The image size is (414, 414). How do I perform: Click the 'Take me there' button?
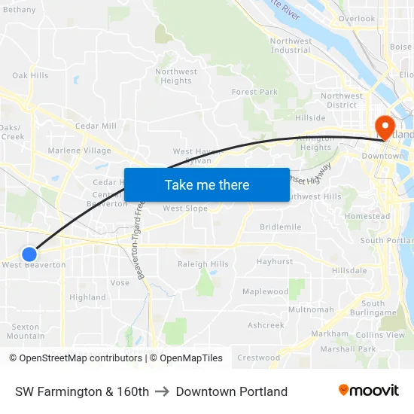(x=207, y=184)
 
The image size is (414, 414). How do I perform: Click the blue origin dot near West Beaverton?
(x=29, y=254)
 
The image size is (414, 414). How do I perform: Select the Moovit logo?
(x=368, y=391)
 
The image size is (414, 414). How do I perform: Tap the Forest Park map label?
(x=254, y=92)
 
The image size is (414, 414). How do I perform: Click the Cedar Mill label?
(x=96, y=126)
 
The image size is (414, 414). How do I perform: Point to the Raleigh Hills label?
(x=202, y=264)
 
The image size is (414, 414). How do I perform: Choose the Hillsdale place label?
(x=349, y=270)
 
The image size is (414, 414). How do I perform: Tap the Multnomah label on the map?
(x=311, y=309)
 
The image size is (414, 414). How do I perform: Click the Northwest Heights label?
(x=176, y=76)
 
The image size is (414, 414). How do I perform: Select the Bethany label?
(x=20, y=10)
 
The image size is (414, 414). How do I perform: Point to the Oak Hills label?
(x=30, y=75)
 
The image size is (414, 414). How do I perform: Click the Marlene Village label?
(x=79, y=151)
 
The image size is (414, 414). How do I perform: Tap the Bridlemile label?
(x=280, y=227)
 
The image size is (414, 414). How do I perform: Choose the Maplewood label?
(x=265, y=291)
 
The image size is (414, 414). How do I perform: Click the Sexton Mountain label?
(x=25, y=331)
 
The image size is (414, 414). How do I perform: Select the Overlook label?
(x=356, y=19)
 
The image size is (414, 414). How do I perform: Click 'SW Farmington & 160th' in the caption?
(x=82, y=391)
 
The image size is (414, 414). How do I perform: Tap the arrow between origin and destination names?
(x=162, y=391)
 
